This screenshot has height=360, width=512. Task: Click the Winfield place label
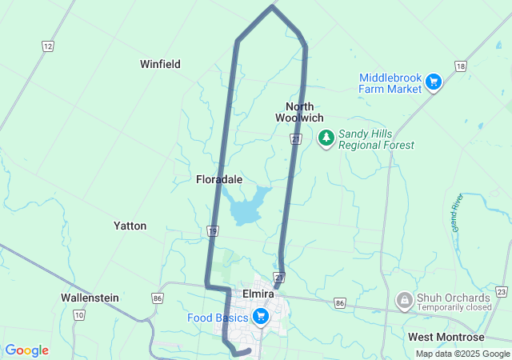[160, 64]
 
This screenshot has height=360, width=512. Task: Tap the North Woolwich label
[299, 112]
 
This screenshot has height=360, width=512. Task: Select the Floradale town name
[219, 180]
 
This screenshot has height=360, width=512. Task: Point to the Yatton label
[130, 226]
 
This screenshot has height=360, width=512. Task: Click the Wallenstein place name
[90, 298]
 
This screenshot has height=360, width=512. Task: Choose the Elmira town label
[258, 294]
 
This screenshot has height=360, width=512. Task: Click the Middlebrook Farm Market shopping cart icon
[434, 82]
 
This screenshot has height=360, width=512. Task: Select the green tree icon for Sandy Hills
[326, 138]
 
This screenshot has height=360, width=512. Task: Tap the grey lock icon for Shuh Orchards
[405, 301]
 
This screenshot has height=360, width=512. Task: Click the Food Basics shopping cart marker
[260, 317]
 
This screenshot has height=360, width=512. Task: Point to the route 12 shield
[47, 46]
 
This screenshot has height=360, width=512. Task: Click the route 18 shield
[459, 66]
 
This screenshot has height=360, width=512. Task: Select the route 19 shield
[212, 231]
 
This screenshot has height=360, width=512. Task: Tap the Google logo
[26, 350]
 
